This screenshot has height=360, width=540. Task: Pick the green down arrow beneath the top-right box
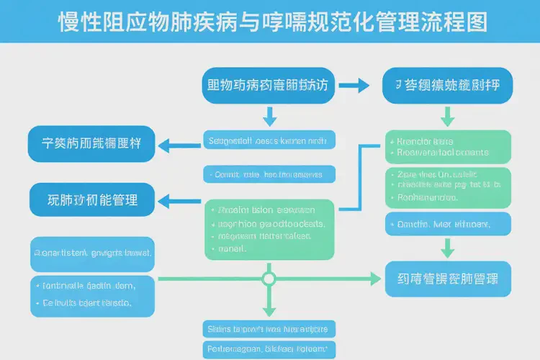pos(448,115)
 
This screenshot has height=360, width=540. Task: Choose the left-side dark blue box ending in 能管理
pos(91,199)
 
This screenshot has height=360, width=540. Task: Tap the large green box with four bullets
pos(269,229)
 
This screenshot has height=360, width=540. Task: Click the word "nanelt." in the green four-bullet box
pos(231,249)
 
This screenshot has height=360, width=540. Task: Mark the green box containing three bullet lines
pos(448,186)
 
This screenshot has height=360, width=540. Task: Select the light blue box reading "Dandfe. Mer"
pos(448,225)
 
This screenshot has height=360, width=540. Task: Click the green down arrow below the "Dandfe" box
pos(448,249)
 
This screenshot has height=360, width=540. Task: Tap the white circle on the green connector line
pos(269,278)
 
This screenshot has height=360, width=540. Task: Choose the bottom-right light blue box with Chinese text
pos(448,278)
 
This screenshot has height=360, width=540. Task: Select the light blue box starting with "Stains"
pos(268,330)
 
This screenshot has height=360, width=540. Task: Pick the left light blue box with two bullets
pos(91,294)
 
